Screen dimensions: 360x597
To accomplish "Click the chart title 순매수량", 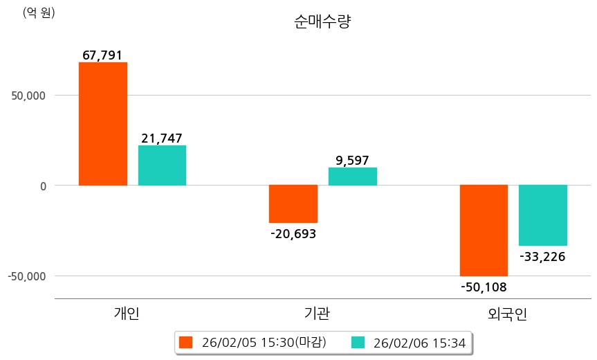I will coord(322,21).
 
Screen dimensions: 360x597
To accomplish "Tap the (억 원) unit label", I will coord(39,12).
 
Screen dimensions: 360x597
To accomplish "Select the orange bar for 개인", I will coord(103,124).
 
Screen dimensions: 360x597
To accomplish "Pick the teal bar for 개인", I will coord(162,165).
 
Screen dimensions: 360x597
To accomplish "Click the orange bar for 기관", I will coord(293,204).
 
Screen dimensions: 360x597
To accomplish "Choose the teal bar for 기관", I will coord(352,177).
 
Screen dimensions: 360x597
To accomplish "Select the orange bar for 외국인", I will coord(484,230).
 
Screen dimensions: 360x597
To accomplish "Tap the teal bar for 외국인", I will coord(543,215).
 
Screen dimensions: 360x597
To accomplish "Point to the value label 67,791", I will coord(102,55).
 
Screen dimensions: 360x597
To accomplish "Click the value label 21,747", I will coord(162,138).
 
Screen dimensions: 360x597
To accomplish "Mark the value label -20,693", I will coord(293,234).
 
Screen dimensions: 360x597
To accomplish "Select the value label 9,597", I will coord(352,161).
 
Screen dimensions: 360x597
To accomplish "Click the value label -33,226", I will coord(543,257).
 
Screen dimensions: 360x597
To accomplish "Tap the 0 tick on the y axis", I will coord(42,186).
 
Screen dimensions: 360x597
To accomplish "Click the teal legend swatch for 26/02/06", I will coord(358,342).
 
